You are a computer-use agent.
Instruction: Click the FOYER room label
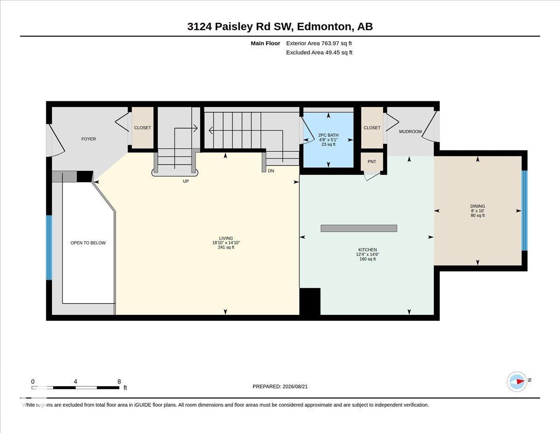coord(88,139)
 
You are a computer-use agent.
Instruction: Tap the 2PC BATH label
coord(329,135)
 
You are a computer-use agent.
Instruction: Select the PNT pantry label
coord(371,162)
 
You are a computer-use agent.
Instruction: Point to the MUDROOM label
coord(410,132)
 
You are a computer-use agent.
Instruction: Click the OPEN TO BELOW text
coord(88,243)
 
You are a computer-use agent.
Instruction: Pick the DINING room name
coord(477,206)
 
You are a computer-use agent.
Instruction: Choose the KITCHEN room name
coord(367,249)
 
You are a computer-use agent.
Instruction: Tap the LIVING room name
coord(226,238)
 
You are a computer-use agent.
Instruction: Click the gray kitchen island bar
coord(359,228)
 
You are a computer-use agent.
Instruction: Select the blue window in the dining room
coord(525,211)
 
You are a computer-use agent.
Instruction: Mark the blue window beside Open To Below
coord(49,248)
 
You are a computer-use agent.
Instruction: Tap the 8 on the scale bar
coord(119,382)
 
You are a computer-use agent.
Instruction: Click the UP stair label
coord(186,181)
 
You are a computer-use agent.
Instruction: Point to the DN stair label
coord(271,170)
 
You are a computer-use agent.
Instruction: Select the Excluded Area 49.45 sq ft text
coord(319,52)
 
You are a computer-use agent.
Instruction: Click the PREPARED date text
coord(280,387)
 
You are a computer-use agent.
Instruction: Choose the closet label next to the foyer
coord(142,128)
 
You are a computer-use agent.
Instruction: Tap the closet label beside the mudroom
coord(372,128)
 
